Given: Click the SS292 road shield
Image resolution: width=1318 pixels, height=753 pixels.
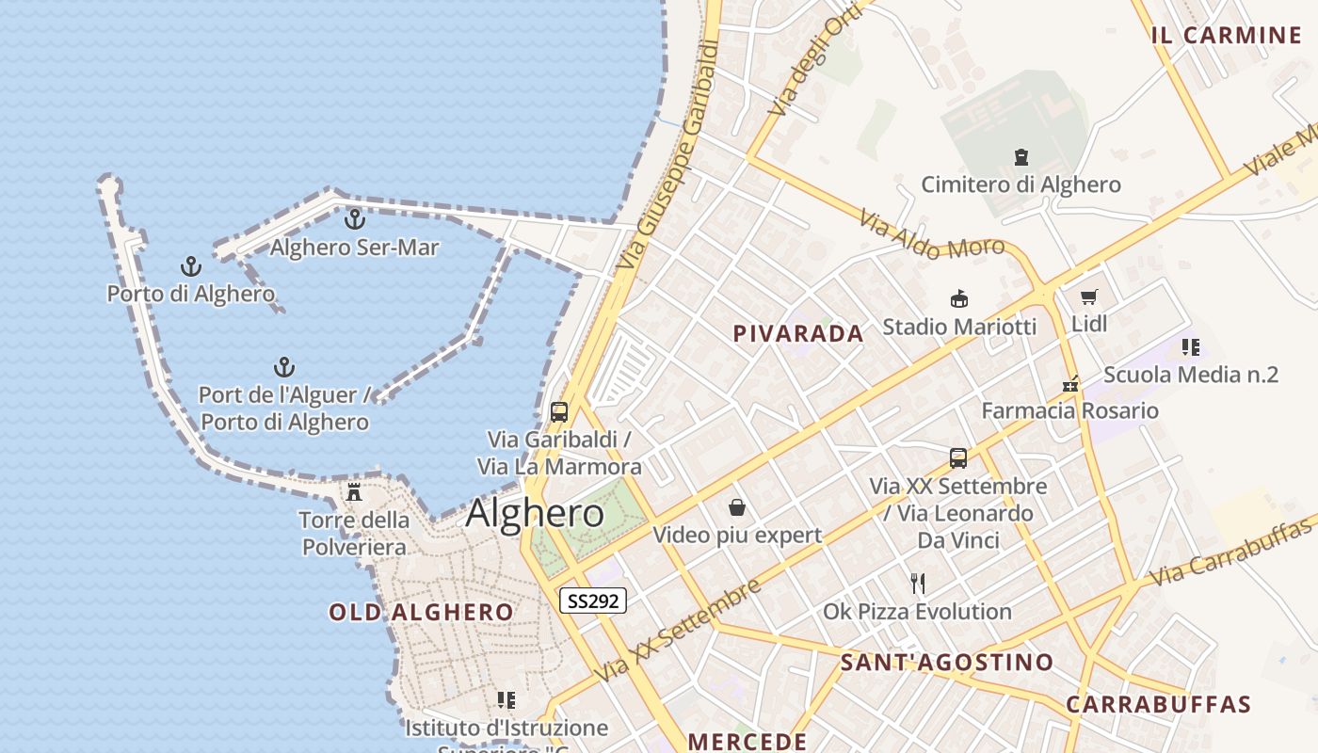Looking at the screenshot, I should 593,601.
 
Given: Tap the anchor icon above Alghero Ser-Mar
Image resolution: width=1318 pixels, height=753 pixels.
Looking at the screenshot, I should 355,219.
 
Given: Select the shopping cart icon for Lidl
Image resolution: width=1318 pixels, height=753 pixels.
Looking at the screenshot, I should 1089,297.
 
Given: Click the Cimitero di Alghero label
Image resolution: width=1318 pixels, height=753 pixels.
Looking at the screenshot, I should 1021,184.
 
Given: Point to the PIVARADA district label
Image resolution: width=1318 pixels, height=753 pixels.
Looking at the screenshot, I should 798,333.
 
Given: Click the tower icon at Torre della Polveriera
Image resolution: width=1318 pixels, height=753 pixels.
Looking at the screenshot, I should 354,491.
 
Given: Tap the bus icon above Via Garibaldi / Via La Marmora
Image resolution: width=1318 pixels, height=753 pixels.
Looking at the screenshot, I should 559,412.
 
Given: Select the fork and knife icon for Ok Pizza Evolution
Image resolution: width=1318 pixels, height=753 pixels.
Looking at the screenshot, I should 918,584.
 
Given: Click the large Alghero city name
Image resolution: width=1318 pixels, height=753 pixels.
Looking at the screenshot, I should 535,514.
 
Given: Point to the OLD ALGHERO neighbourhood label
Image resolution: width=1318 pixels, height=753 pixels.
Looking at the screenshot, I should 421,613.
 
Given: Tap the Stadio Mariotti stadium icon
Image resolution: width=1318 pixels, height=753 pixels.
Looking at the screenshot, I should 959,299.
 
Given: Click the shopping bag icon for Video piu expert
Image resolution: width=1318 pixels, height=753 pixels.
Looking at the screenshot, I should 737,508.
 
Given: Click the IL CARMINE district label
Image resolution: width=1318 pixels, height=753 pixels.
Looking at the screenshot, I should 1226,36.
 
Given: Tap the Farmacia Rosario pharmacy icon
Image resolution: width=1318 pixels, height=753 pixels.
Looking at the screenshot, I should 1070,384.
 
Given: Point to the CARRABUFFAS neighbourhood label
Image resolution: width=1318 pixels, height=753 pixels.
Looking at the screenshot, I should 1158,704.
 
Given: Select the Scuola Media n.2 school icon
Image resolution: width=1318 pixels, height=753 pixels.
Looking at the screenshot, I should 1191,347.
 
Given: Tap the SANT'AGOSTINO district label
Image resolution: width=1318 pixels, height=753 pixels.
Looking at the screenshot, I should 946,662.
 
